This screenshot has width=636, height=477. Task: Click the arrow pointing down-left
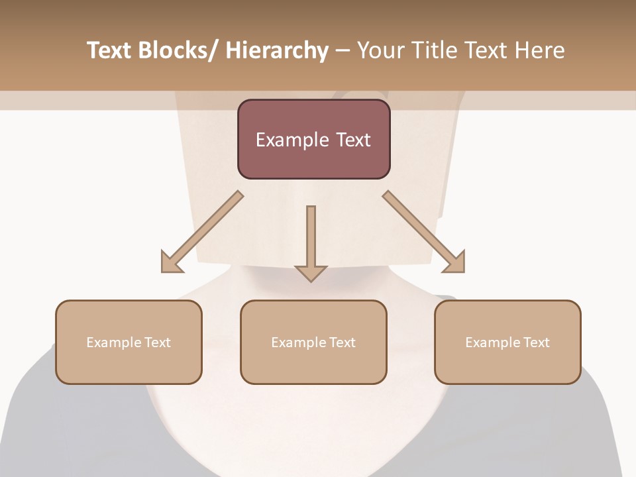202,232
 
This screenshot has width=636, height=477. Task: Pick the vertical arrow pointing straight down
311,242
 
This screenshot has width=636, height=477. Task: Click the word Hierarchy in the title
277,50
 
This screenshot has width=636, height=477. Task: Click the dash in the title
343,50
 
